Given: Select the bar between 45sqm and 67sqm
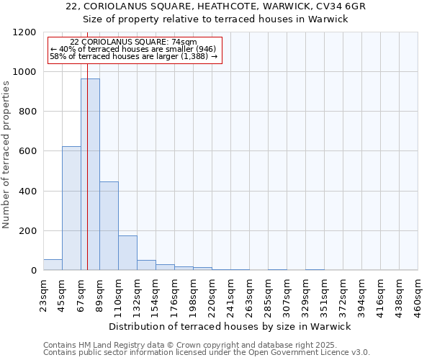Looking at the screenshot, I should coord(71,208).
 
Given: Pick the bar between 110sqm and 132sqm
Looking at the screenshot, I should coord(127,253).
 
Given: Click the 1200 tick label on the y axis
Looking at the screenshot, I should coord(24,32).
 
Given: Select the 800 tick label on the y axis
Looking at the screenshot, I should coord(27,112).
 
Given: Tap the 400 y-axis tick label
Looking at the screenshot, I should coord(27,192).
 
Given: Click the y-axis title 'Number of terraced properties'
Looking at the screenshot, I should coord(7,155).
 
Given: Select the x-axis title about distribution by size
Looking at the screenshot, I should coord(230,326).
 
